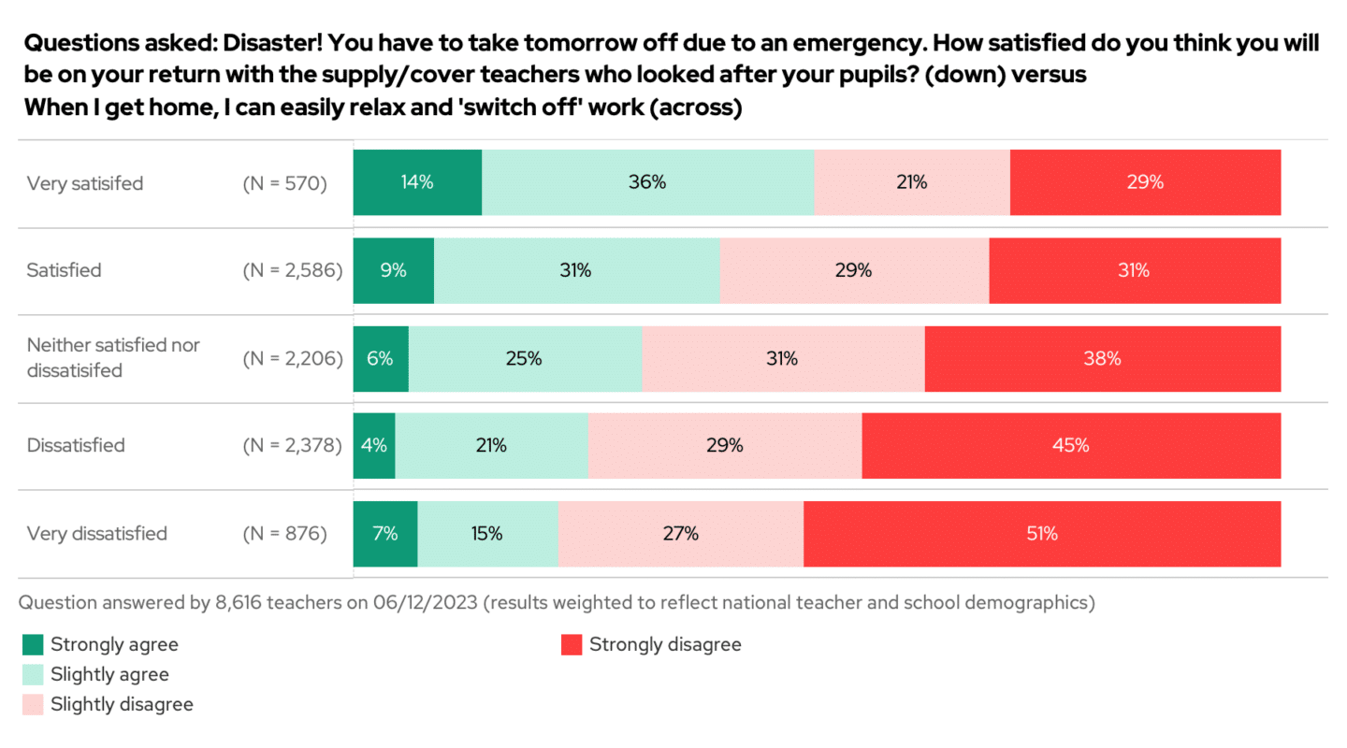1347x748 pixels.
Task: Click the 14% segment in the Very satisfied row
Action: [417, 183]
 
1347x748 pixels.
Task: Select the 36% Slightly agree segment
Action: [647, 183]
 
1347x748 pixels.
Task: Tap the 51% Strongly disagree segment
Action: [1041, 534]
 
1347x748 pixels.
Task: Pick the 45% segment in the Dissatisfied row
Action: [1071, 446]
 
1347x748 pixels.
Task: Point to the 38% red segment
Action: [1102, 358]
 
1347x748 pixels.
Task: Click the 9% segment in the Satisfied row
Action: [393, 271]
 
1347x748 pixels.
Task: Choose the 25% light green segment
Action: [525, 358]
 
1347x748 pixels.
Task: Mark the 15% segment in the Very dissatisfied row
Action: [487, 534]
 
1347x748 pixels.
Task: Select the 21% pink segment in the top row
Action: [911, 183]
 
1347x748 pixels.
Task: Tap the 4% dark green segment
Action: [374, 446]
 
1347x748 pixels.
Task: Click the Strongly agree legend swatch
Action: [33, 644]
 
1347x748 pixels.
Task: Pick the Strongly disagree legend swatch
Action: [572, 644]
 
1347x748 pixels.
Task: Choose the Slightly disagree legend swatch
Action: [33, 704]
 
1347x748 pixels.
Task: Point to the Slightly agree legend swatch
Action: [33, 674]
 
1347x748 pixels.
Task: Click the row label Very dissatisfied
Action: [97, 534]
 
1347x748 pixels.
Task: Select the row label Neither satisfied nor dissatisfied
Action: [113, 358]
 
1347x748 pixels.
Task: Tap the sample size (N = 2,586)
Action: [292, 271]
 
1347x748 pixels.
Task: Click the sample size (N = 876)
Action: [284, 534]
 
